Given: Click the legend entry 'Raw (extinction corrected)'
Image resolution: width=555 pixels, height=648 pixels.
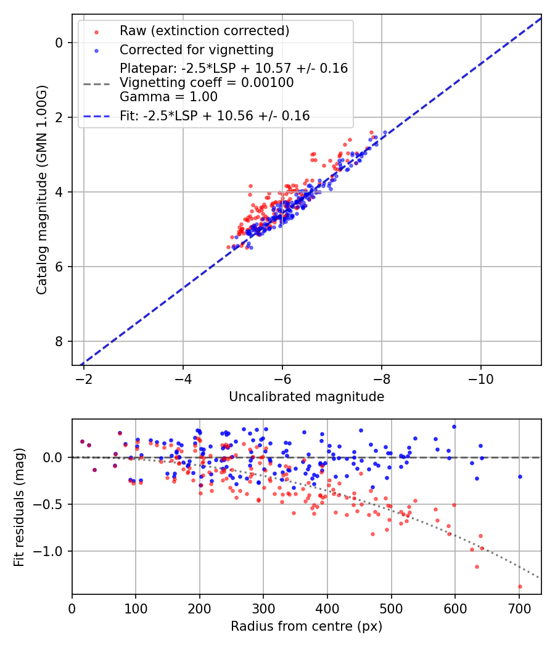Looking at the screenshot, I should pyautogui.click(x=204, y=31).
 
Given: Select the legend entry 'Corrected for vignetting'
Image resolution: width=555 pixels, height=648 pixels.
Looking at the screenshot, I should pyautogui.click(x=196, y=49).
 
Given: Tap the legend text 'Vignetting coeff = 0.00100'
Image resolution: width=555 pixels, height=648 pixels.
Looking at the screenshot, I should pyautogui.click(x=207, y=83).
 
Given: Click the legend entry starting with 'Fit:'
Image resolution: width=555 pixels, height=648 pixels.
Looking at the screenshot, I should pyautogui.click(x=215, y=115).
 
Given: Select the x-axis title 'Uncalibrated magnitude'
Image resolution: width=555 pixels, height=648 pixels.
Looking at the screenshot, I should pyautogui.click(x=306, y=397).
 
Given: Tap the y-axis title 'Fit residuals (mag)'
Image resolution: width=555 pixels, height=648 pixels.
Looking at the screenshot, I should pyautogui.click(x=19, y=507).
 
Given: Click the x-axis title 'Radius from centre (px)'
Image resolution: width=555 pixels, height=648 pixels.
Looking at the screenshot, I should pyautogui.click(x=306, y=626).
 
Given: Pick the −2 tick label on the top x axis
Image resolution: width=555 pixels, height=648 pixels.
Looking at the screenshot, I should pyautogui.click(x=84, y=378).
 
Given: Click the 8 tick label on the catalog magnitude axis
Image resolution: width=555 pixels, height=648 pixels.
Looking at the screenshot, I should pyautogui.click(x=59, y=341).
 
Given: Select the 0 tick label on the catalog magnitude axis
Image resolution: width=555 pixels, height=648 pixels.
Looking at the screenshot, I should pyautogui.click(x=59, y=43).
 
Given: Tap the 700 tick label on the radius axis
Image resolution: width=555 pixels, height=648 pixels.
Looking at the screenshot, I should pyautogui.click(x=519, y=608).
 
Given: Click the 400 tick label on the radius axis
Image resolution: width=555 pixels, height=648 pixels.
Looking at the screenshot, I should pyautogui.click(x=327, y=608).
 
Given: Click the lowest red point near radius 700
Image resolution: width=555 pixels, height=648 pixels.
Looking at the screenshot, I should pyautogui.click(x=520, y=586).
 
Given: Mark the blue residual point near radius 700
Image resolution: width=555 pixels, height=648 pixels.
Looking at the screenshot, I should pyautogui.click(x=520, y=476).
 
